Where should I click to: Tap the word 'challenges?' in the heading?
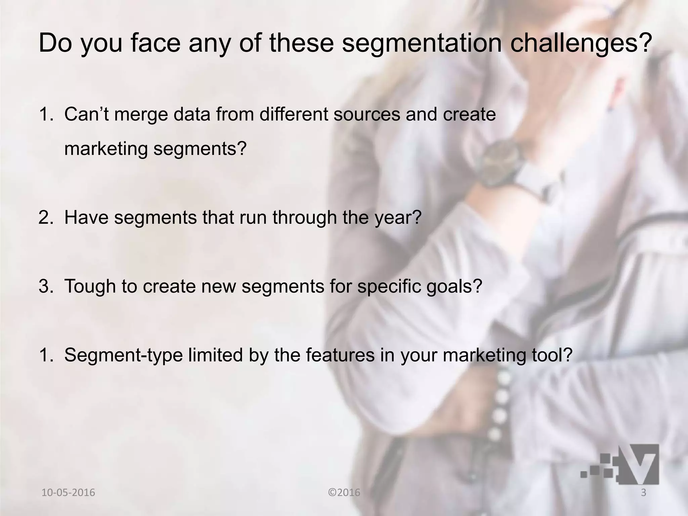[x=579, y=44]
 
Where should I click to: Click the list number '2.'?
[x=46, y=217]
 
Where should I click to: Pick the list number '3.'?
[x=46, y=286]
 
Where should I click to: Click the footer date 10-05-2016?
[x=68, y=493]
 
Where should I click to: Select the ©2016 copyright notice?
[x=344, y=493]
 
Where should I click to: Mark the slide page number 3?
[x=644, y=493]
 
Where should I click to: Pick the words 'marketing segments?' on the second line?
[x=155, y=149]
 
